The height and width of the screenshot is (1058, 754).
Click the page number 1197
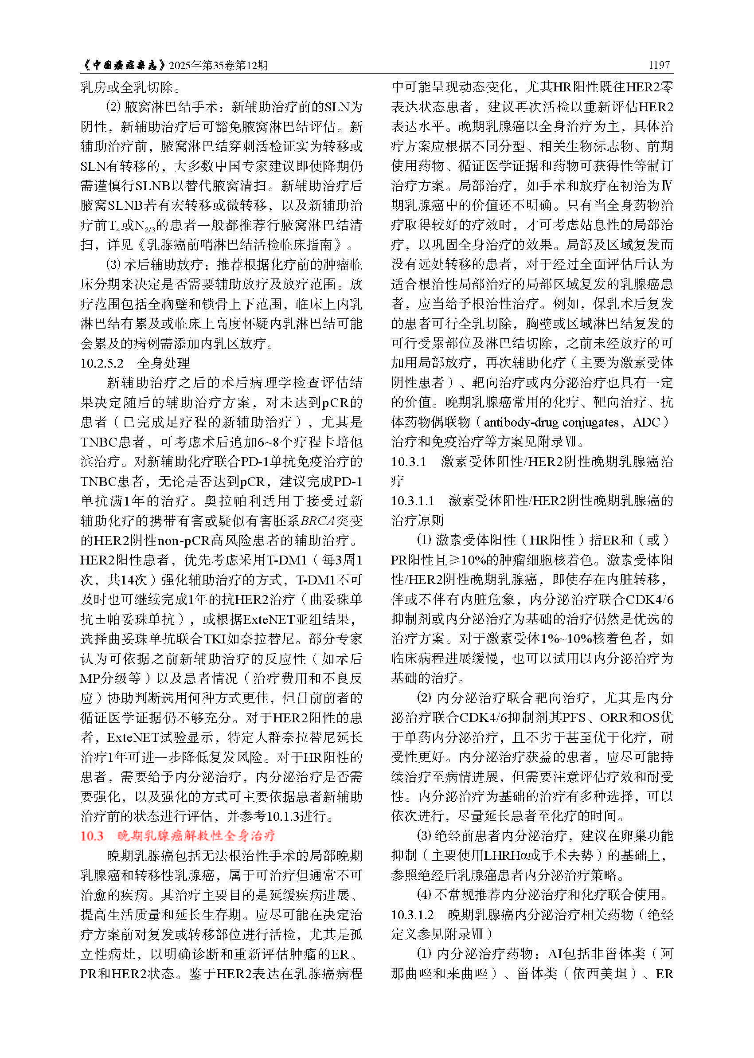(x=659, y=65)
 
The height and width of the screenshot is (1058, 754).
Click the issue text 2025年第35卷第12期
(x=218, y=66)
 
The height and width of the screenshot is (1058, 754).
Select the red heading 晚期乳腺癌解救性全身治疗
(x=196, y=836)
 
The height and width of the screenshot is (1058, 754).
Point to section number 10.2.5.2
(x=102, y=363)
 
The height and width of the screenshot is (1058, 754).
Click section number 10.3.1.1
(x=413, y=501)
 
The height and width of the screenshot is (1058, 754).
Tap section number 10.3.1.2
(x=412, y=915)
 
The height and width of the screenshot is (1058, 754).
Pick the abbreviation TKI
(x=215, y=639)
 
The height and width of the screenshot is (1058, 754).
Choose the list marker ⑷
(x=424, y=895)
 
